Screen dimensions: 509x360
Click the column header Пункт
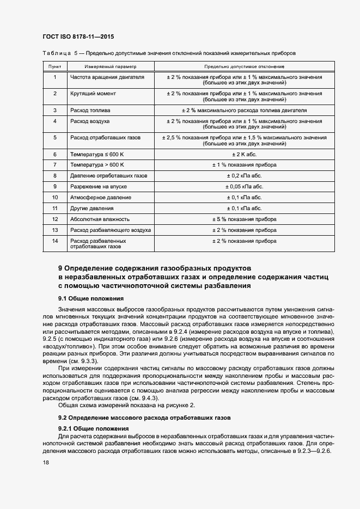pos(54,66)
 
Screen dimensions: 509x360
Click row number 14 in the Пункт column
pos(54,241)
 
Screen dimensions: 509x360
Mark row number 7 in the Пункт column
pos(54,165)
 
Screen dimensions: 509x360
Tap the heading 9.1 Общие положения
pos(90,298)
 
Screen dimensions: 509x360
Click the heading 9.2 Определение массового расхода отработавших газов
pos(145,418)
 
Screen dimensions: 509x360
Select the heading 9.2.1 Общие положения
pos(93,428)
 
